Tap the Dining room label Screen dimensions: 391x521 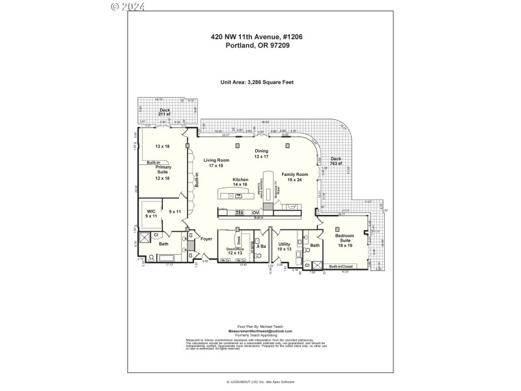pos(261,153)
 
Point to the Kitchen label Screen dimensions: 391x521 pos(240,182)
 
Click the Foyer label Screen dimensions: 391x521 pos(206,239)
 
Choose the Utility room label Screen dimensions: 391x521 pos(284,246)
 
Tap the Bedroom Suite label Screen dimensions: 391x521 pos(345,240)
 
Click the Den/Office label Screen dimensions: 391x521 pos(234,251)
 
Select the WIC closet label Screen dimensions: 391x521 pos(151,212)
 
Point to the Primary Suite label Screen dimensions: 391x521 pos(163,172)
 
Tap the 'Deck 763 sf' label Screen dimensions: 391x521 pos(335,161)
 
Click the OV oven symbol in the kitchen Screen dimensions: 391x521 pos(256,212)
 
